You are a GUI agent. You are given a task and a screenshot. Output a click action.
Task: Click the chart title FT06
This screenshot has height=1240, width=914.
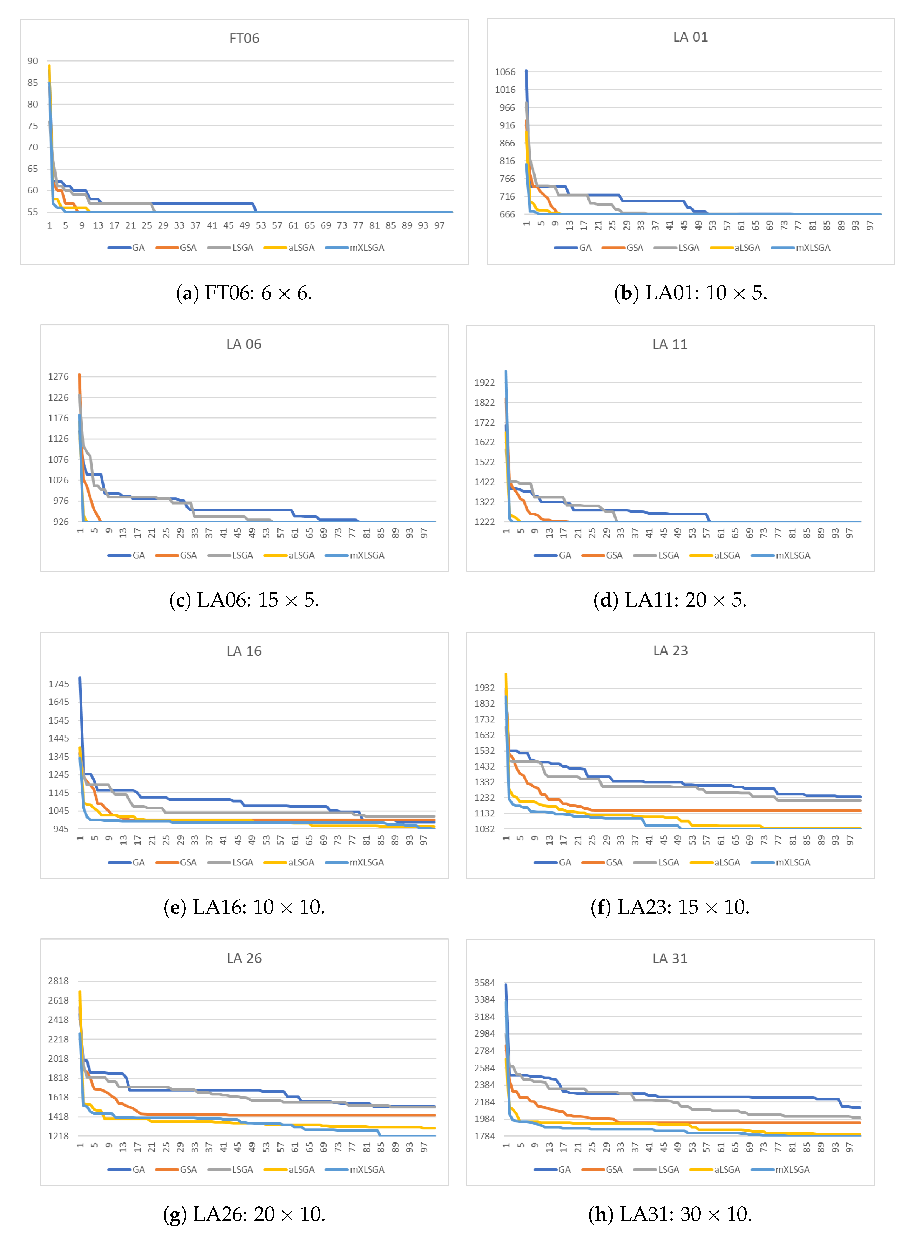pos(244,38)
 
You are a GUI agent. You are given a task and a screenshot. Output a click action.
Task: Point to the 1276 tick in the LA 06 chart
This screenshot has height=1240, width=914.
pos(58,376)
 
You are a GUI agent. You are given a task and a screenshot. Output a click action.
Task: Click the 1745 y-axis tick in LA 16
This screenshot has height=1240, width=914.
pos(59,684)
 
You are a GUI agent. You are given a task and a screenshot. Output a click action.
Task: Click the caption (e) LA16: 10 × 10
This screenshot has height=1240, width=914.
pos(244,907)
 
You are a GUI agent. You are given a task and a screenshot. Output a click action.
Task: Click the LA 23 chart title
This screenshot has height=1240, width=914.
pos(670,651)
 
